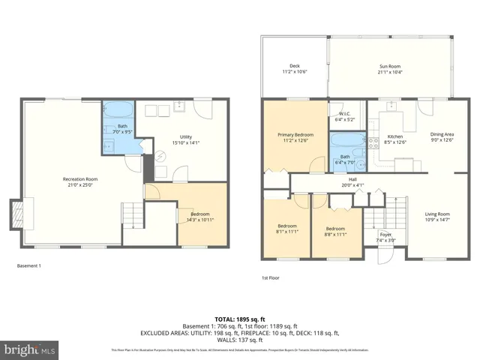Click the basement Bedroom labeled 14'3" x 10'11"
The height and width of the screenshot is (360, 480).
tap(199, 216)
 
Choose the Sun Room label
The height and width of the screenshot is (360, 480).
tap(390, 68)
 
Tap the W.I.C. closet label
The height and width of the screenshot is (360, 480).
tap(345, 116)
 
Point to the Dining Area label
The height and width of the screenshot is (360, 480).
tap(440, 137)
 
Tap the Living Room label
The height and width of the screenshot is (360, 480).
tap(438, 215)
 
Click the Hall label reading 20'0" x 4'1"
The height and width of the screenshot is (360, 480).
tap(351, 182)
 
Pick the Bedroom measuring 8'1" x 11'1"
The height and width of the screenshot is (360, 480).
tap(288, 229)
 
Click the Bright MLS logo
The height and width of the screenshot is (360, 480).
tap(30, 349)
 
